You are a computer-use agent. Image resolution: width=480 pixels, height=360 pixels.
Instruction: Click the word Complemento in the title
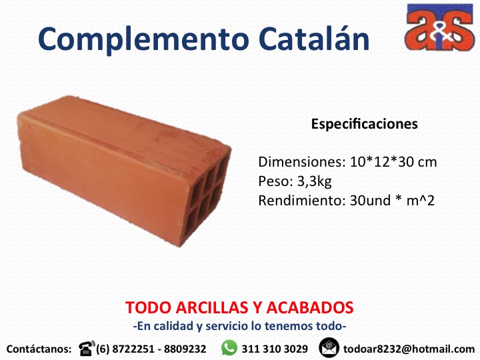pos(143,40)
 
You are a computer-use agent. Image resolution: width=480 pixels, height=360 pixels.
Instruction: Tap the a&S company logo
pos(439,27)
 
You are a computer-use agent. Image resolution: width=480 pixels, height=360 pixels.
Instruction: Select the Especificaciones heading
pos(364,124)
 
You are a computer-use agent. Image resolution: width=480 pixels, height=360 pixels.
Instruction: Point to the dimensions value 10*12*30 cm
pos(393,161)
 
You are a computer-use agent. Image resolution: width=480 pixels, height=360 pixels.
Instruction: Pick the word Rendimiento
pos(299,201)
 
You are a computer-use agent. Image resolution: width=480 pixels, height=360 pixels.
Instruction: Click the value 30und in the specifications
pos(370,201)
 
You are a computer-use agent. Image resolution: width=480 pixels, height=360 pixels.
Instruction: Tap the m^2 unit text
pos(420,201)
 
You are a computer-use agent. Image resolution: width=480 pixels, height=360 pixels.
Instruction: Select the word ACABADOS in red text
pos(310,307)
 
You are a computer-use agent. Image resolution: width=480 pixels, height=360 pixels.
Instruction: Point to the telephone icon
pos(87,348)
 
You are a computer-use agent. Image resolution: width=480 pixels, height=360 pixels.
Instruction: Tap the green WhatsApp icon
pos(229,348)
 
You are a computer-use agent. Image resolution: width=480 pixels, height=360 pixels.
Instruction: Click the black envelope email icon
pos(329,348)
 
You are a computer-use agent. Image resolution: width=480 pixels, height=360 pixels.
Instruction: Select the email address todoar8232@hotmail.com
pos(409,349)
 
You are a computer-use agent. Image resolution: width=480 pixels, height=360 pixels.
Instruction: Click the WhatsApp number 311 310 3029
pos(275,349)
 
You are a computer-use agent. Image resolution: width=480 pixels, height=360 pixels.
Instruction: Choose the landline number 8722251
pos(133,349)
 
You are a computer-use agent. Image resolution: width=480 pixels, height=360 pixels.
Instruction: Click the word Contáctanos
pos(39,349)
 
